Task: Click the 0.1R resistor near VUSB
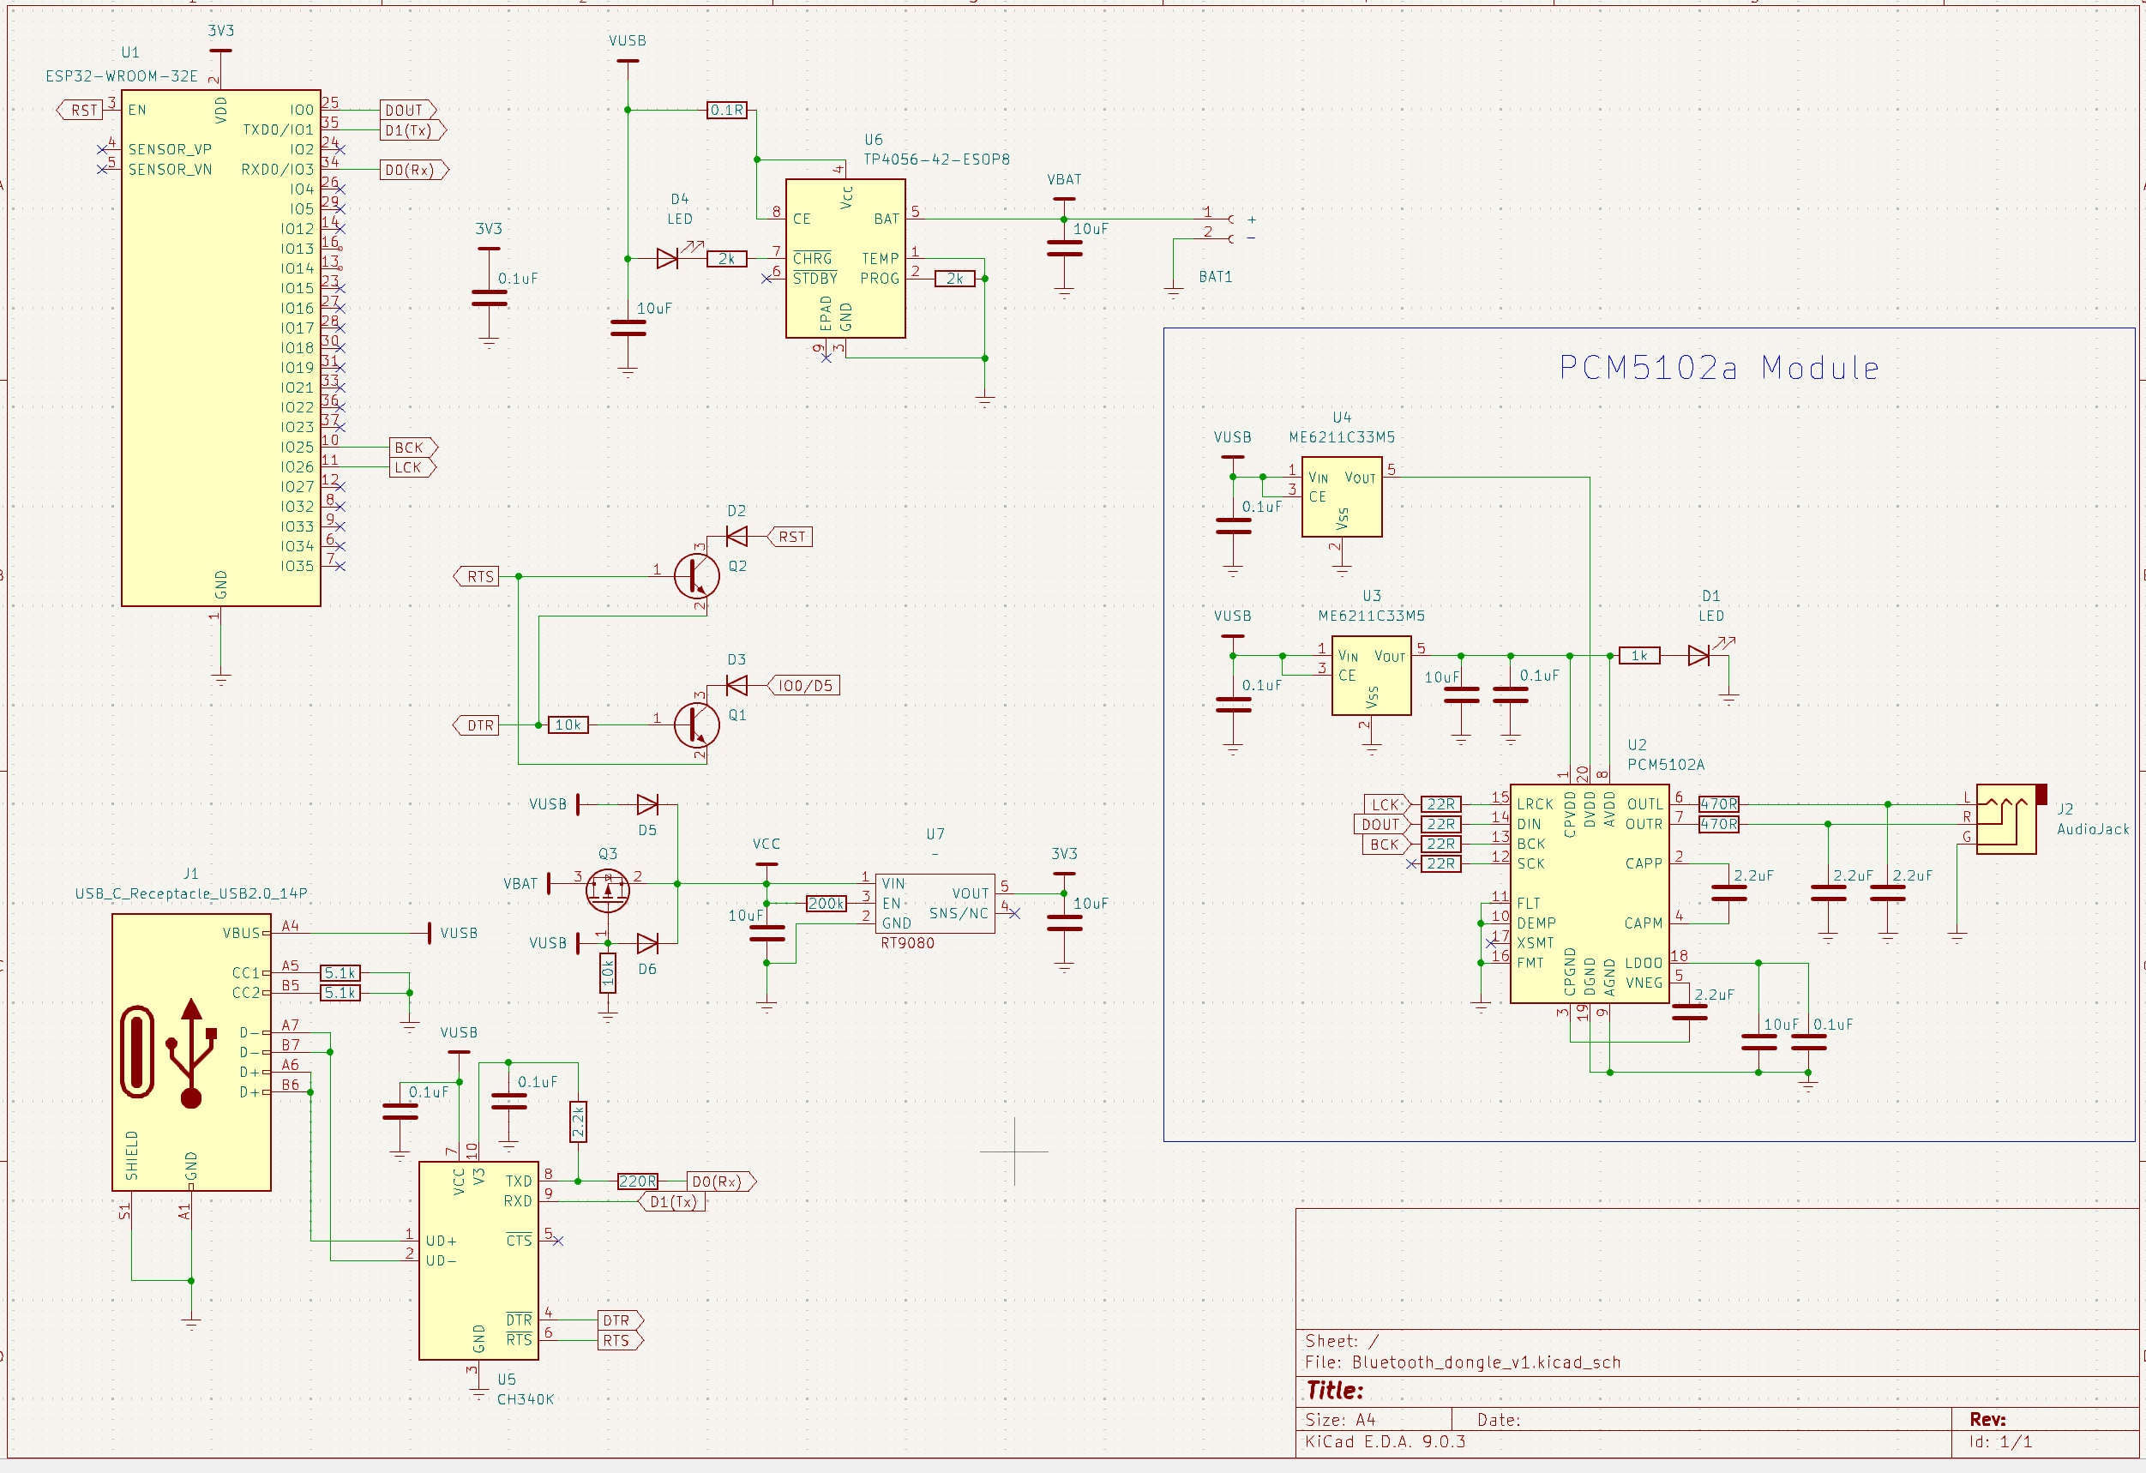tap(727, 110)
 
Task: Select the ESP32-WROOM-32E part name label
tap(122, 75)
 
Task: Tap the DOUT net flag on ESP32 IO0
tap(406, 110)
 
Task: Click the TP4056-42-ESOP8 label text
tap(935, 159)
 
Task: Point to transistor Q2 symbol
tap(696, 576)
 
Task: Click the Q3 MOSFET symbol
tap(608, 888)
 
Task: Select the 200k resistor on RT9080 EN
tap(826, 903)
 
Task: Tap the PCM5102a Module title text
tap(1718, 368)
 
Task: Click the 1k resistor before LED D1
tap(1639, 656)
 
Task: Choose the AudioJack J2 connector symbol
tap(2007, 818)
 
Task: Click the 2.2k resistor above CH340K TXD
tap(578, 1121)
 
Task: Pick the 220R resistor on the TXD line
tap(637, 1181)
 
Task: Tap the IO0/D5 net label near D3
tap(804, 685)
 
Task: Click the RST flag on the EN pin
tap(81, 110)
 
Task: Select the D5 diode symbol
tap(647, 804)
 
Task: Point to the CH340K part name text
tap(526, 1399)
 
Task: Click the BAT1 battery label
tap(1215, 276)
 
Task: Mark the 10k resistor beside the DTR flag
tap(568, 725)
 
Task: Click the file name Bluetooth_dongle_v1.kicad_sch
tap(1486, 1362)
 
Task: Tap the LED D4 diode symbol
tap(669, 259)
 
